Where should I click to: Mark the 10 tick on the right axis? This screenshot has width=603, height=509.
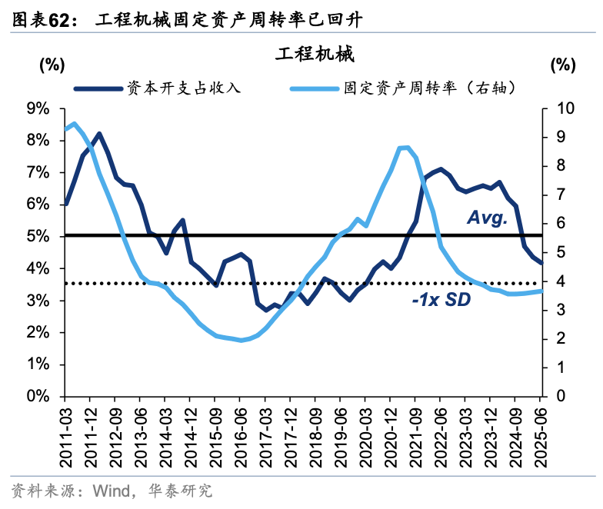(x=561, y=108)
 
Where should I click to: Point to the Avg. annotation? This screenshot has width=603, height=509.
(x=488, y=219)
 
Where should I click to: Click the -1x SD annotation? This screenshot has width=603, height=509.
(x=441, y=300)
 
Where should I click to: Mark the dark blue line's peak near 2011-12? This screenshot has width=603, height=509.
(x=99, y=134)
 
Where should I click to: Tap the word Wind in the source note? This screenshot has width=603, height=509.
(x=112, y=491)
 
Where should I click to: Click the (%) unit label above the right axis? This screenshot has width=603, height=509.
(x=563, y=65)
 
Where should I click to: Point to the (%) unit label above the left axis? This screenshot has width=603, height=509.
(x=52, y=65)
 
